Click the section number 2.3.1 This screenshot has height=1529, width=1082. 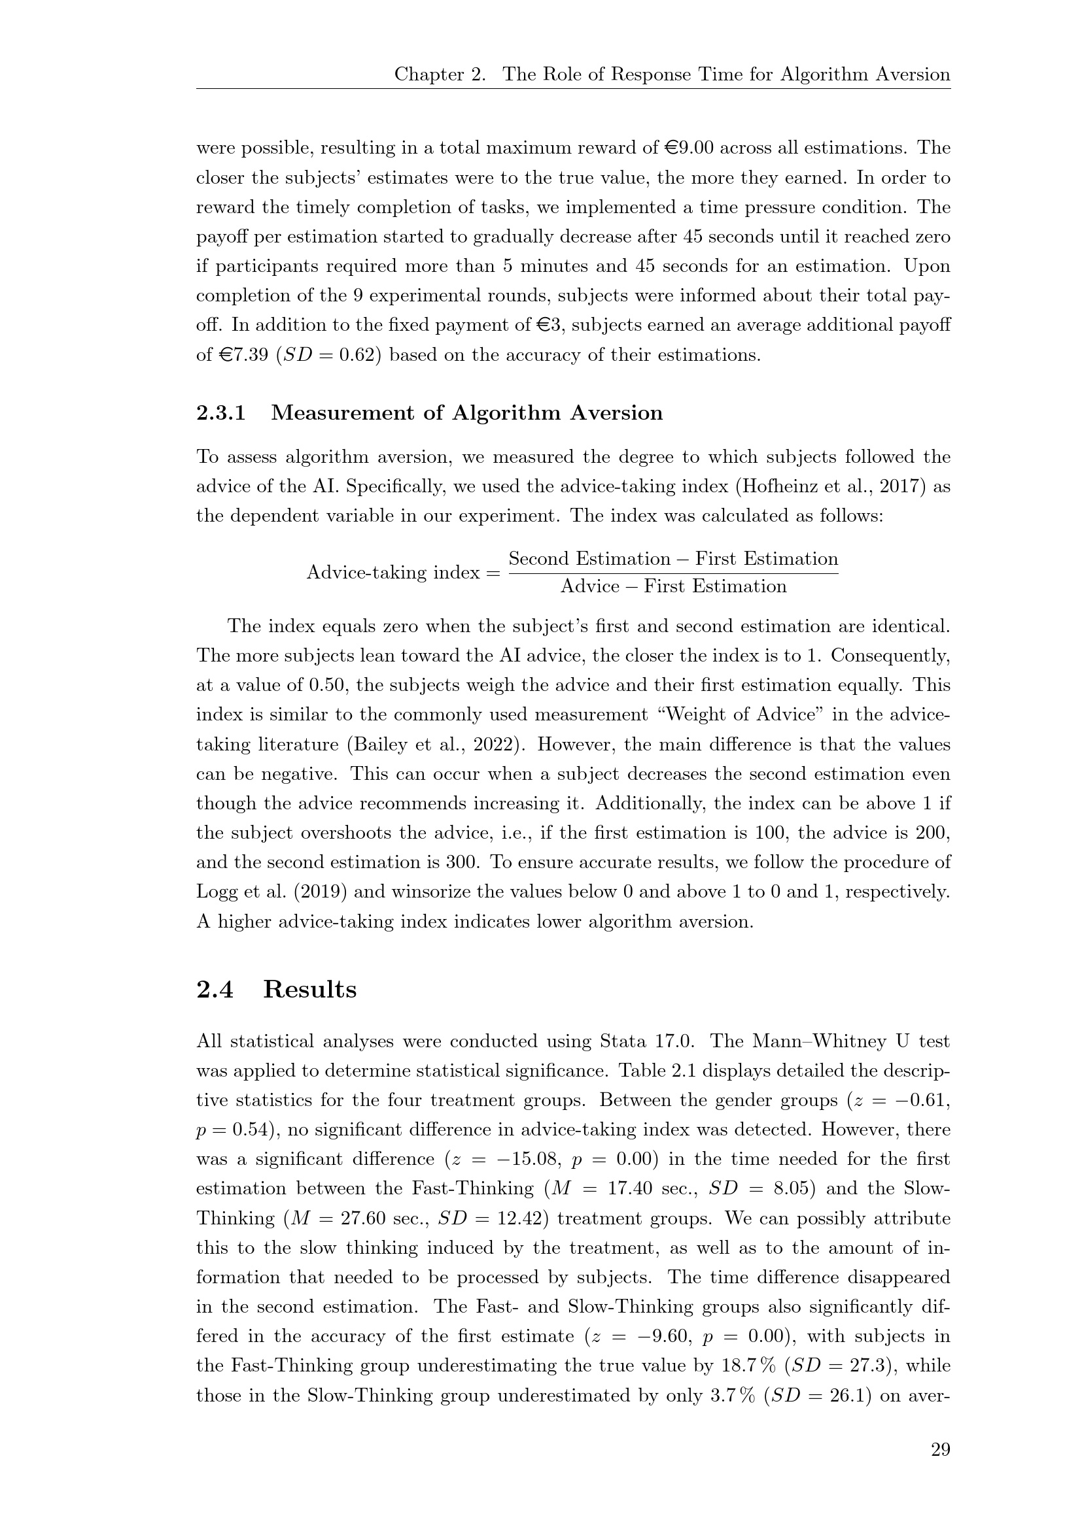point(220,413)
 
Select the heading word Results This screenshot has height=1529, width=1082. point(310,990)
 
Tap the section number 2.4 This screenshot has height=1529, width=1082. point(215,990)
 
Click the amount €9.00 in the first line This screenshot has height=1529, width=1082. point(690,148)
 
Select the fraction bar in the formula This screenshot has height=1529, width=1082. point(673,573)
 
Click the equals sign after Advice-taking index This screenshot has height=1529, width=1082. point(493,573)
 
